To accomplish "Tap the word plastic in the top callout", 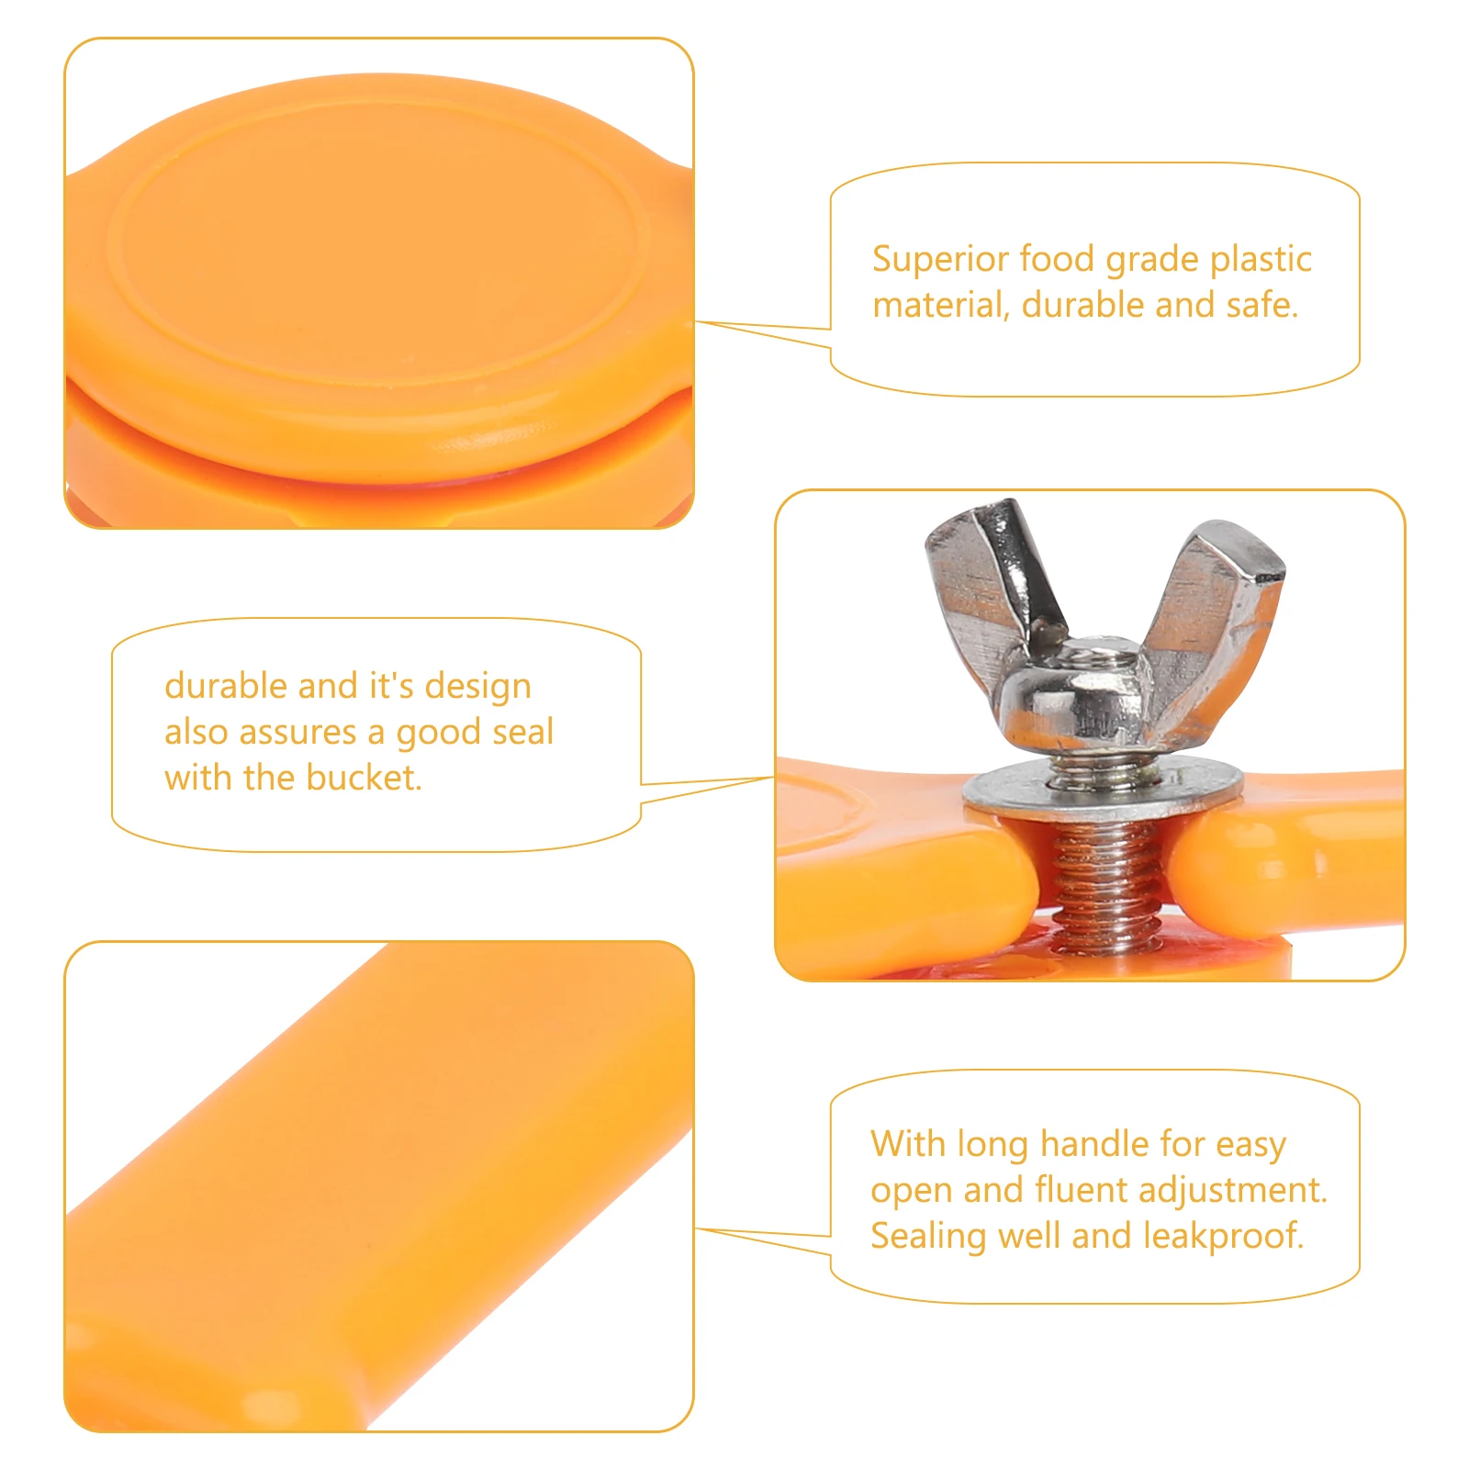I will [1261, 261].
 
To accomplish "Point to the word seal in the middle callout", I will [522, 732].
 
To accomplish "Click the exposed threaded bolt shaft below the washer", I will [1103, 881].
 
